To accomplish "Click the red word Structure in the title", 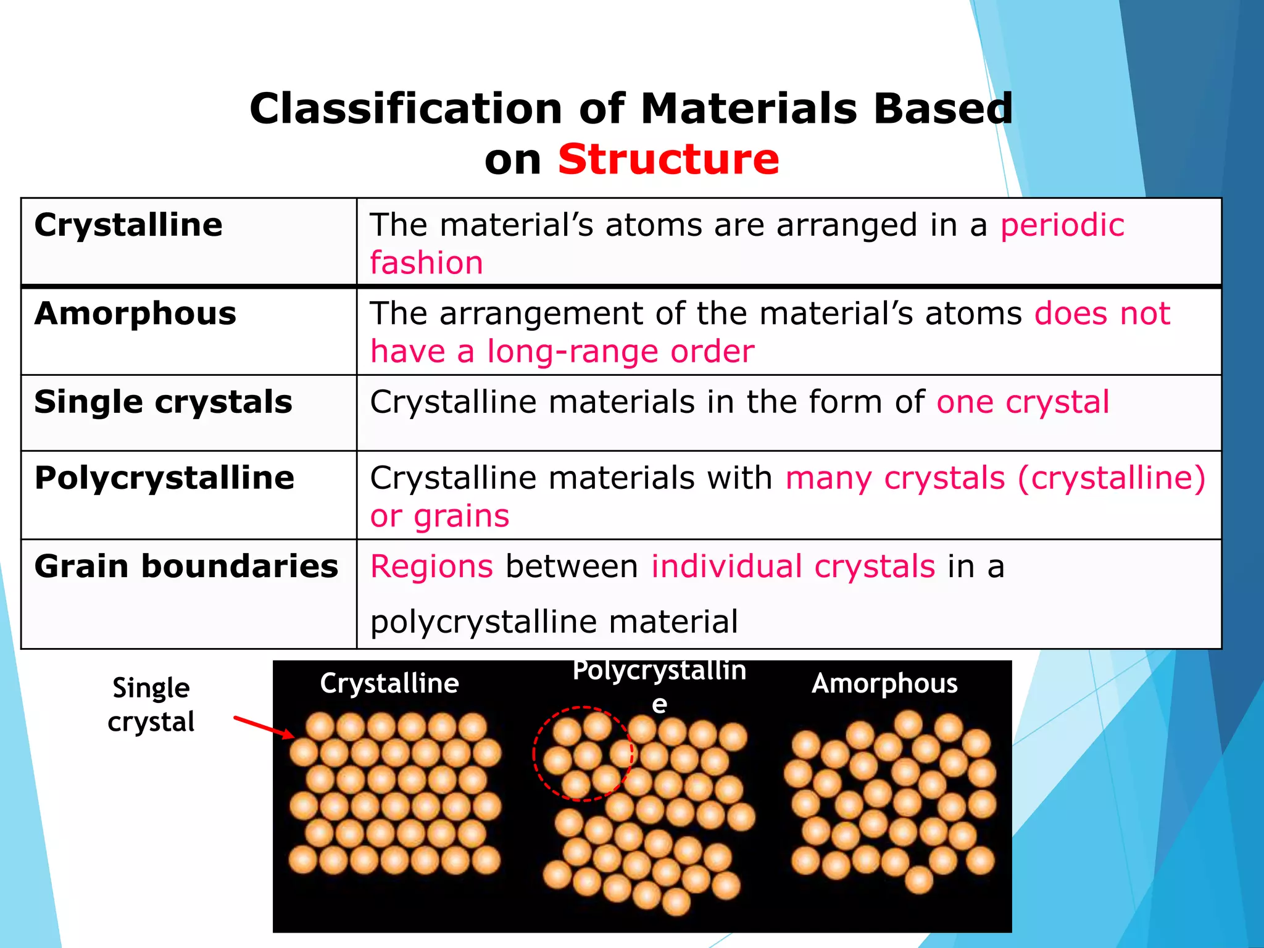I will click(668, 159).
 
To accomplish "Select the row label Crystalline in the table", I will click(128, 225).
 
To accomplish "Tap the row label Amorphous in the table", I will click(135, 314).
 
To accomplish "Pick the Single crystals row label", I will click(163, 402).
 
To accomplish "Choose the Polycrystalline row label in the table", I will click(164, 478).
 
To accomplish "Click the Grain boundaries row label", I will click(186, 566).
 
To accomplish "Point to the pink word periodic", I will click(1062, 225).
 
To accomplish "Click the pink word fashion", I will click(426, 264).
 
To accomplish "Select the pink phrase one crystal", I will click(1023, 402).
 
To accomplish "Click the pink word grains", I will click(461, 516).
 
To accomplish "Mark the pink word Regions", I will click(431, 567).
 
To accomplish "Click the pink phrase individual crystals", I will click(793, 567).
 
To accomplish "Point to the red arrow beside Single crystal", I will click(264, 727).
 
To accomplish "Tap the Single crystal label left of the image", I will click(151, 704).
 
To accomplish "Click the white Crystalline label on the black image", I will click(389, 683).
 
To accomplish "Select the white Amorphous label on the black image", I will click(884, 683).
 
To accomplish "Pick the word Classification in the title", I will click(405, 109).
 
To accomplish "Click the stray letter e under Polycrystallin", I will click(659, 704).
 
